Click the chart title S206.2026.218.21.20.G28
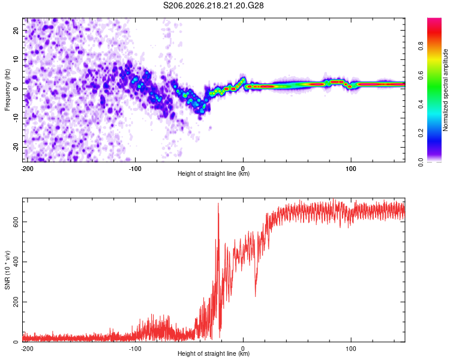tap(213, 5)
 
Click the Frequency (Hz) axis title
tap(7, 90)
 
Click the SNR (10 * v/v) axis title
tap(7, 270)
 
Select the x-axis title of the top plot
tap(214, 173)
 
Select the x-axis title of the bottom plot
tap(214, 353)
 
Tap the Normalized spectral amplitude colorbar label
tap(445, 90)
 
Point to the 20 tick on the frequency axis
tap(16, 30)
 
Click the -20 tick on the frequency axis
tap(16, 147)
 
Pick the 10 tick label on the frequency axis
tap(16, 59)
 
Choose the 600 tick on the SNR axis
tap(16, 222)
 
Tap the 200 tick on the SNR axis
tap(16, 302)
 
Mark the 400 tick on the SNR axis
tap(16, 262)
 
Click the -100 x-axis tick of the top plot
tap(135, 169)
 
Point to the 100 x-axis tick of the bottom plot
tap(351, 349)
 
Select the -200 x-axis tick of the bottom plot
tap(27, 349)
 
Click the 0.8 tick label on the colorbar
tap(421, 46)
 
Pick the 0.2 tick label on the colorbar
tap(421, 133)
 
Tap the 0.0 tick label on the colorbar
tap(421, 162)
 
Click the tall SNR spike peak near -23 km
tap(218, 203)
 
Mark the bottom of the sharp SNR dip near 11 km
tap(255, 296)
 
